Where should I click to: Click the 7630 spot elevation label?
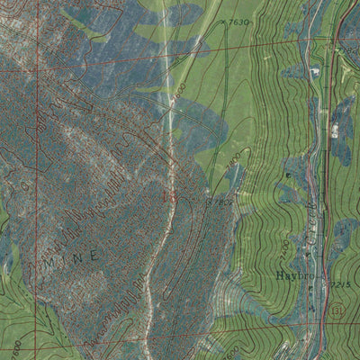coord(238,19)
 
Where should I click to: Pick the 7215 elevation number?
coord(338,283)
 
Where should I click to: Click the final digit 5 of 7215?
coord(346,283)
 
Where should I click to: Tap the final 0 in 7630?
coord(247,19)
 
